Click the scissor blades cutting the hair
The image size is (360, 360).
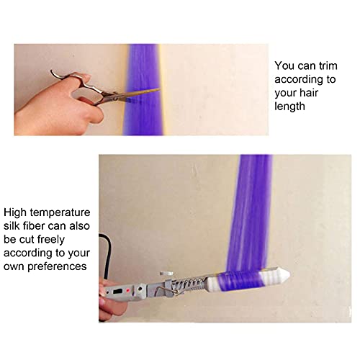(141, 94)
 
